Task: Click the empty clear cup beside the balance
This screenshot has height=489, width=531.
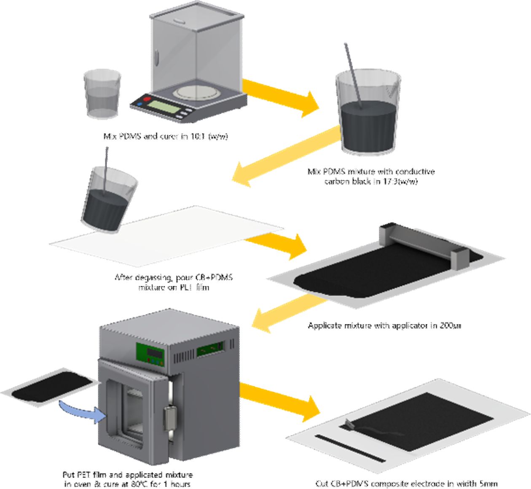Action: (102, 94)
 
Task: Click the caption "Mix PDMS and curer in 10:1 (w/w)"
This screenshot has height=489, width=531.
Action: (165, 136)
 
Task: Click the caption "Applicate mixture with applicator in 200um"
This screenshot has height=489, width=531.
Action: (384, 325)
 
